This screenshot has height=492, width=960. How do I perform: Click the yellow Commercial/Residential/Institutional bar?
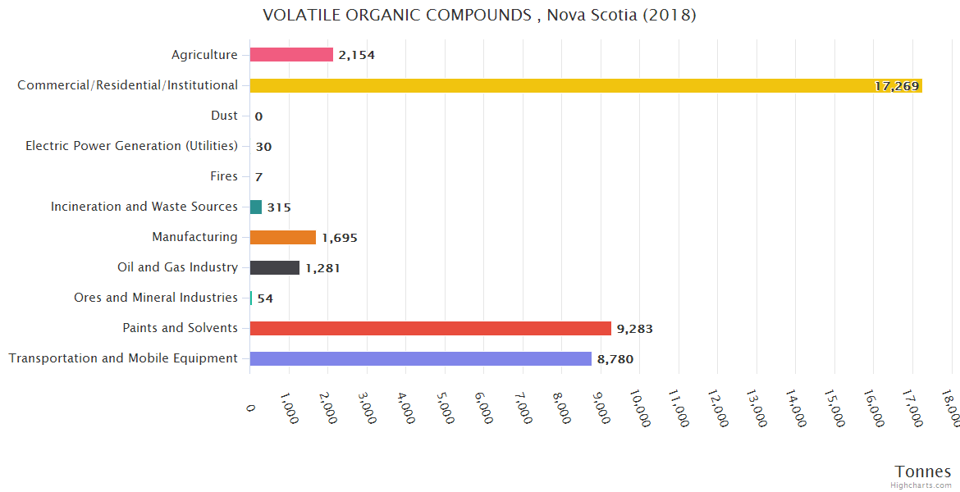tap(586, 85)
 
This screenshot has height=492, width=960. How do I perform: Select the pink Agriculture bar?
tap(291, 55)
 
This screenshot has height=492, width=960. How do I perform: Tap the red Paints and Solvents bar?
tap(430, 328)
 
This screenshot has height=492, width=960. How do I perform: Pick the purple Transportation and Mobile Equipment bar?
tap(420, 358)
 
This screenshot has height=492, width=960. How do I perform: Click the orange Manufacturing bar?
tap(282, 237)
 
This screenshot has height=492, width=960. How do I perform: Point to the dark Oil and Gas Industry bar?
tap(274, 267)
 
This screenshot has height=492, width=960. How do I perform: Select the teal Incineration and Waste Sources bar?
tap(256, 207)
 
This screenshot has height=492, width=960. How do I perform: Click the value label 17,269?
tap(896, 86)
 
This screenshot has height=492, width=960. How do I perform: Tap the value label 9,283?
tap(634, 329)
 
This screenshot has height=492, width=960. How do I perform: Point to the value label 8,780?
tap(615, 359)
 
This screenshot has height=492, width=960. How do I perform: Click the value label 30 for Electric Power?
tap(263, 147)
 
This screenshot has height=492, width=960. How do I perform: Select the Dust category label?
tap(224, 116)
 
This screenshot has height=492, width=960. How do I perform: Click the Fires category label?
tap(224, 176)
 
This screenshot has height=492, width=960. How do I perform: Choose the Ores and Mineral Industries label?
tap(155, 298)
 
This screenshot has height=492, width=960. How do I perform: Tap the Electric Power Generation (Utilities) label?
tap(131, 146)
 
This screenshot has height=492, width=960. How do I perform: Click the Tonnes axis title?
tap(923, 471)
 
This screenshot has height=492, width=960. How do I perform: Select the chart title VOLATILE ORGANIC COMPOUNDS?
tap(479, 16)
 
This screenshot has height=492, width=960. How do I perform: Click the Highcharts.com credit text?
tap(921, 485)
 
